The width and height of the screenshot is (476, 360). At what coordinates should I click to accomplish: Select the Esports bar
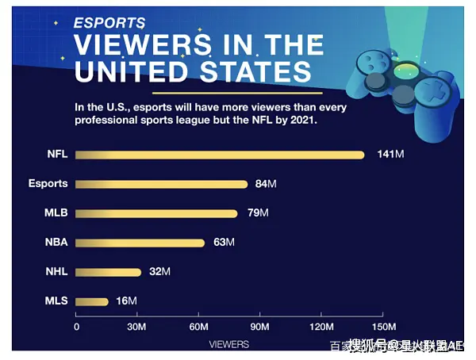tap(162, 184)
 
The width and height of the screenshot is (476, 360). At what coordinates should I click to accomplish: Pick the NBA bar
tap(140, 243)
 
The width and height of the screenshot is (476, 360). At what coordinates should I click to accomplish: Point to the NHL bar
tap(109, 272)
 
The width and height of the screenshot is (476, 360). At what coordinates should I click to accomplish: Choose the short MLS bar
tap(93, 301)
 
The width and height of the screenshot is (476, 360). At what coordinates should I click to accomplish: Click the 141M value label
tap(390, 155)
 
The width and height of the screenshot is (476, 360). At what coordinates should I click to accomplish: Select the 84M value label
tap(266, 184)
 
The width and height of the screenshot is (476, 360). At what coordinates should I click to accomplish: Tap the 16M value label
tap(127, 301)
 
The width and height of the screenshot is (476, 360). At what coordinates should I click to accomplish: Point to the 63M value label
tap(225, 243)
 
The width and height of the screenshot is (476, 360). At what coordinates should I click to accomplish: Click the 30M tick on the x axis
tap(137, 327)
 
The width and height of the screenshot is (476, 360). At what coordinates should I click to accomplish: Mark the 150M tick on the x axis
tap(383, 327)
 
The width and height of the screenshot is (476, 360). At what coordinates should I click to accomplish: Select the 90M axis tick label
tap(260, 327)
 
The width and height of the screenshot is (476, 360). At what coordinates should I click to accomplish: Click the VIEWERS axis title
tap(228, 344)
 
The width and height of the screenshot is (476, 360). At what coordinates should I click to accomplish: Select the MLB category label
tap(56, 213)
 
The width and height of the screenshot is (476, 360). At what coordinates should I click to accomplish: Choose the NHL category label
tap(56, 272)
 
